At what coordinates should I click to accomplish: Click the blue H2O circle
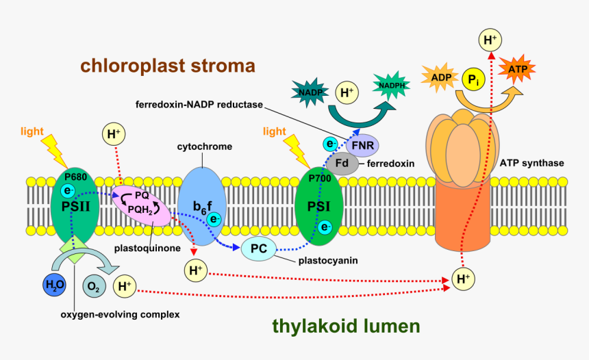[x=53, y=284]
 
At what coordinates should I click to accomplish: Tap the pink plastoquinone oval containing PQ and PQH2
[x=142, y=205]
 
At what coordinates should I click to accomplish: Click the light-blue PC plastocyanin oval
[x=258, y=249]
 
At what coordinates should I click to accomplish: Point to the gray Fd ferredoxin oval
[x=340, y=164]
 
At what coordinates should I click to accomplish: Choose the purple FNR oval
[x=362, y=146]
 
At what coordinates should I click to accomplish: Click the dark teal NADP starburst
[x=311, y=90]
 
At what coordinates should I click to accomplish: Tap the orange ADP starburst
[x=441, y=78]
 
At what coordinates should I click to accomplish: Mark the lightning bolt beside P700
[x=296, y=148]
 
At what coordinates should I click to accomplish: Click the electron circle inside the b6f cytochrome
[x=214, y=219]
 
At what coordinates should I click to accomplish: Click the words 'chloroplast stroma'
[x=168, y=66]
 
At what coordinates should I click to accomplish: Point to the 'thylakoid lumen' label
[x=345, y=326]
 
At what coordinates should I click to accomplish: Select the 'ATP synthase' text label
[x=541, y=163]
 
